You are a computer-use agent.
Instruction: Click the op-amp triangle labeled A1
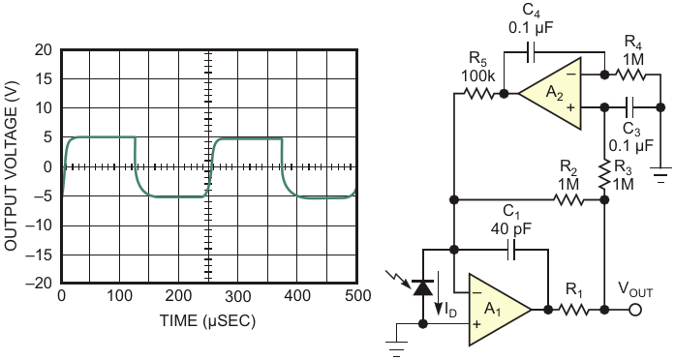point(500,310)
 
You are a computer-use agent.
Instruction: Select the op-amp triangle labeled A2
point(550,93)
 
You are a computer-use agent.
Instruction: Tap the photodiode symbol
point(423,287)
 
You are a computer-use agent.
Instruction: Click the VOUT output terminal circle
point(635,310)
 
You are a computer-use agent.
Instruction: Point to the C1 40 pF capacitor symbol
point(511,249)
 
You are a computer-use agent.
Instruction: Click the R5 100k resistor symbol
point(478,93)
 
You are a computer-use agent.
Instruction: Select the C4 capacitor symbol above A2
point(531,52)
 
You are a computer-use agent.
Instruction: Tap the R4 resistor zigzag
point(630,75)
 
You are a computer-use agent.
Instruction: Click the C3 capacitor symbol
point(630,107)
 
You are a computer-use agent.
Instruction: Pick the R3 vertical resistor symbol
point(605,174)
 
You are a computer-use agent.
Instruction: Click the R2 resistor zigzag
point(568,199)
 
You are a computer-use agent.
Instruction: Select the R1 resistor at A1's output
point(573,310)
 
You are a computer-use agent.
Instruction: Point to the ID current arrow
point(438,293)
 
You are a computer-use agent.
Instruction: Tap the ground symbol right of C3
point(660,174)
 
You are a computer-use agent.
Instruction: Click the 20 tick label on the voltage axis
point(43,50)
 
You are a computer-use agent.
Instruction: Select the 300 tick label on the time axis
point(237,296)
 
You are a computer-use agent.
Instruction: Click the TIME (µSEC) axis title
point(207,321)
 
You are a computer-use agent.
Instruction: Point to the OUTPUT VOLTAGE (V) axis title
point(11,165)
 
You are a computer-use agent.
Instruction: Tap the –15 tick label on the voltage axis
point(39,255)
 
